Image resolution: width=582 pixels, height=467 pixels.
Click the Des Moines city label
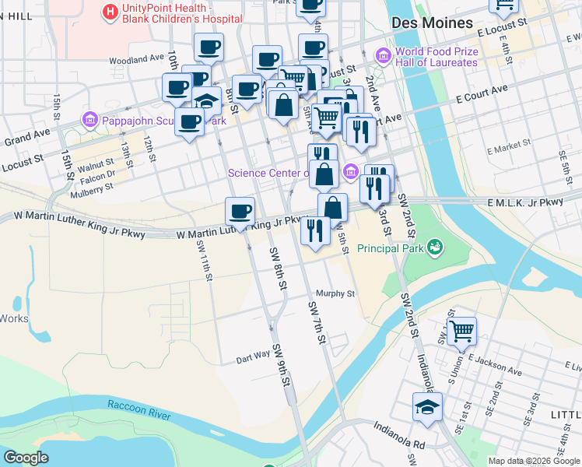tap(433, 23)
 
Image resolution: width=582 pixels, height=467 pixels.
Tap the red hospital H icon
tap(111, 12)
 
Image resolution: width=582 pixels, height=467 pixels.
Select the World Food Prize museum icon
tap(383, 55)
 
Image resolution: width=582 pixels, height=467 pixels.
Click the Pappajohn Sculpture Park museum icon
tap(89, 121)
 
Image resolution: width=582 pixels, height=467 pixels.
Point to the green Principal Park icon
tap(435, 248)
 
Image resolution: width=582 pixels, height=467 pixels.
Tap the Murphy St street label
tap(335, 294)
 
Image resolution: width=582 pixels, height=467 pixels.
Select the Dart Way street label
tap(253, 354)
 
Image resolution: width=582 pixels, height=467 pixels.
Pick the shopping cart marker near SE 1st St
tap(461, 330)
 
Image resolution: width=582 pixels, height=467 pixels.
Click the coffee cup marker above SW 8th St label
tap(240, 211)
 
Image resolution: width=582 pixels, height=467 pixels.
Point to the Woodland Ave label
tap(137, 59)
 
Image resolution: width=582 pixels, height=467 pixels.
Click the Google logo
tap(26, 458)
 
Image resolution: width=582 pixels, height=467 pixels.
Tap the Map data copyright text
tap(533, 461)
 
